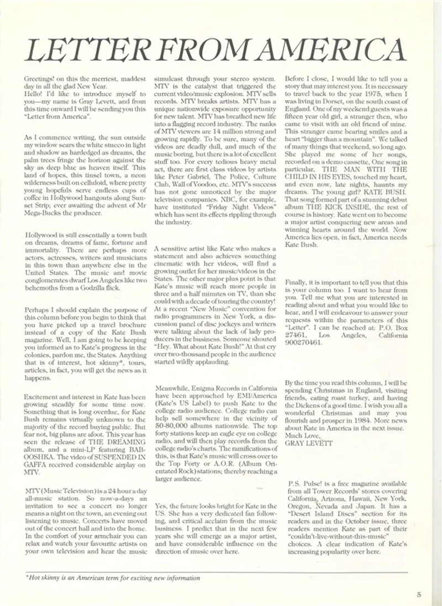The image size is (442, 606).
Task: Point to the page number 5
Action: pos(419,594)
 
